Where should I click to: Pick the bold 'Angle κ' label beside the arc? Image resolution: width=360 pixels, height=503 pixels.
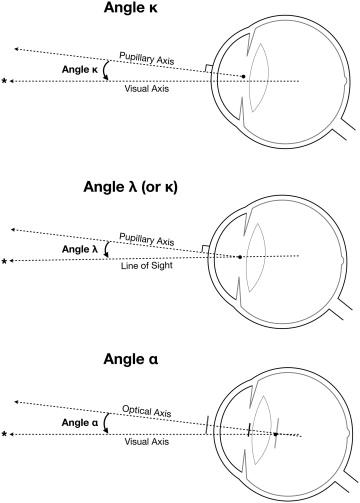tap(77, 72)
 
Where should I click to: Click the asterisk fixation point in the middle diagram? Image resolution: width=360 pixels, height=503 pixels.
tap(7, 260)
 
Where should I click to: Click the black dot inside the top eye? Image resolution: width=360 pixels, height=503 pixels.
tap(245, 75)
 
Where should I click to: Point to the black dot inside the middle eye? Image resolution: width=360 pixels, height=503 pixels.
tap(240, 256)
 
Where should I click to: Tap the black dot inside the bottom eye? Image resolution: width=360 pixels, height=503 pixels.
tap(275, 434)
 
